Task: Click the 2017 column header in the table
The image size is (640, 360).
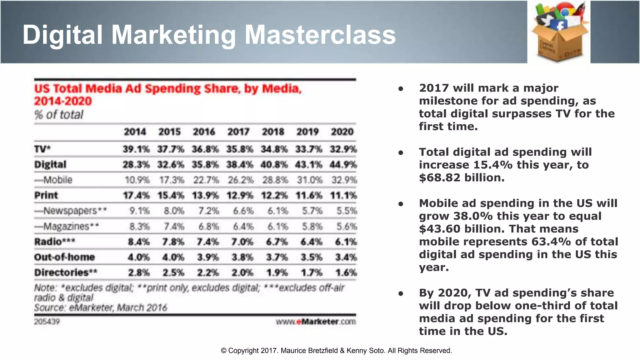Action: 238,132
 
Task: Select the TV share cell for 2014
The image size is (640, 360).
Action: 136,149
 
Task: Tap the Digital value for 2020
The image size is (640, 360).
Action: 343,165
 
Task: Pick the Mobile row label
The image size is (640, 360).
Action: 53,180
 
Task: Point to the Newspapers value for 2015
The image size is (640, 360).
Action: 174,211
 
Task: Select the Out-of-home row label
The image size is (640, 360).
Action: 64,257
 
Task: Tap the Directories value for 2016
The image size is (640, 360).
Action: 207,273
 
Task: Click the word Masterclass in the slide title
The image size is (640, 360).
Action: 320,35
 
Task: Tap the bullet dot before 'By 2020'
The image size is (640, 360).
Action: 401,293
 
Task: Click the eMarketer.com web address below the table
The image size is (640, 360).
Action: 316,322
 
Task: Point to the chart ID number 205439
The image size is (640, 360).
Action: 47,322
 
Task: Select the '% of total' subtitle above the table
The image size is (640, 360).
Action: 59,115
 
